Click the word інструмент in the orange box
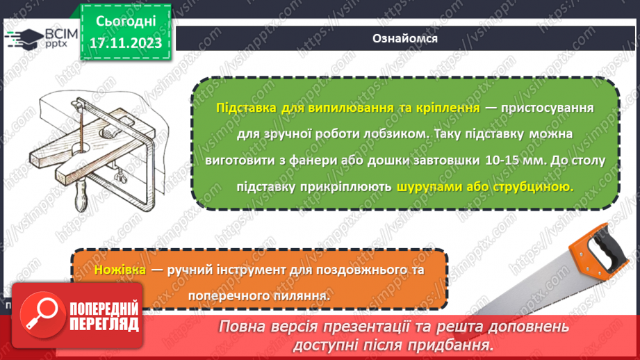(x=242, y=270)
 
